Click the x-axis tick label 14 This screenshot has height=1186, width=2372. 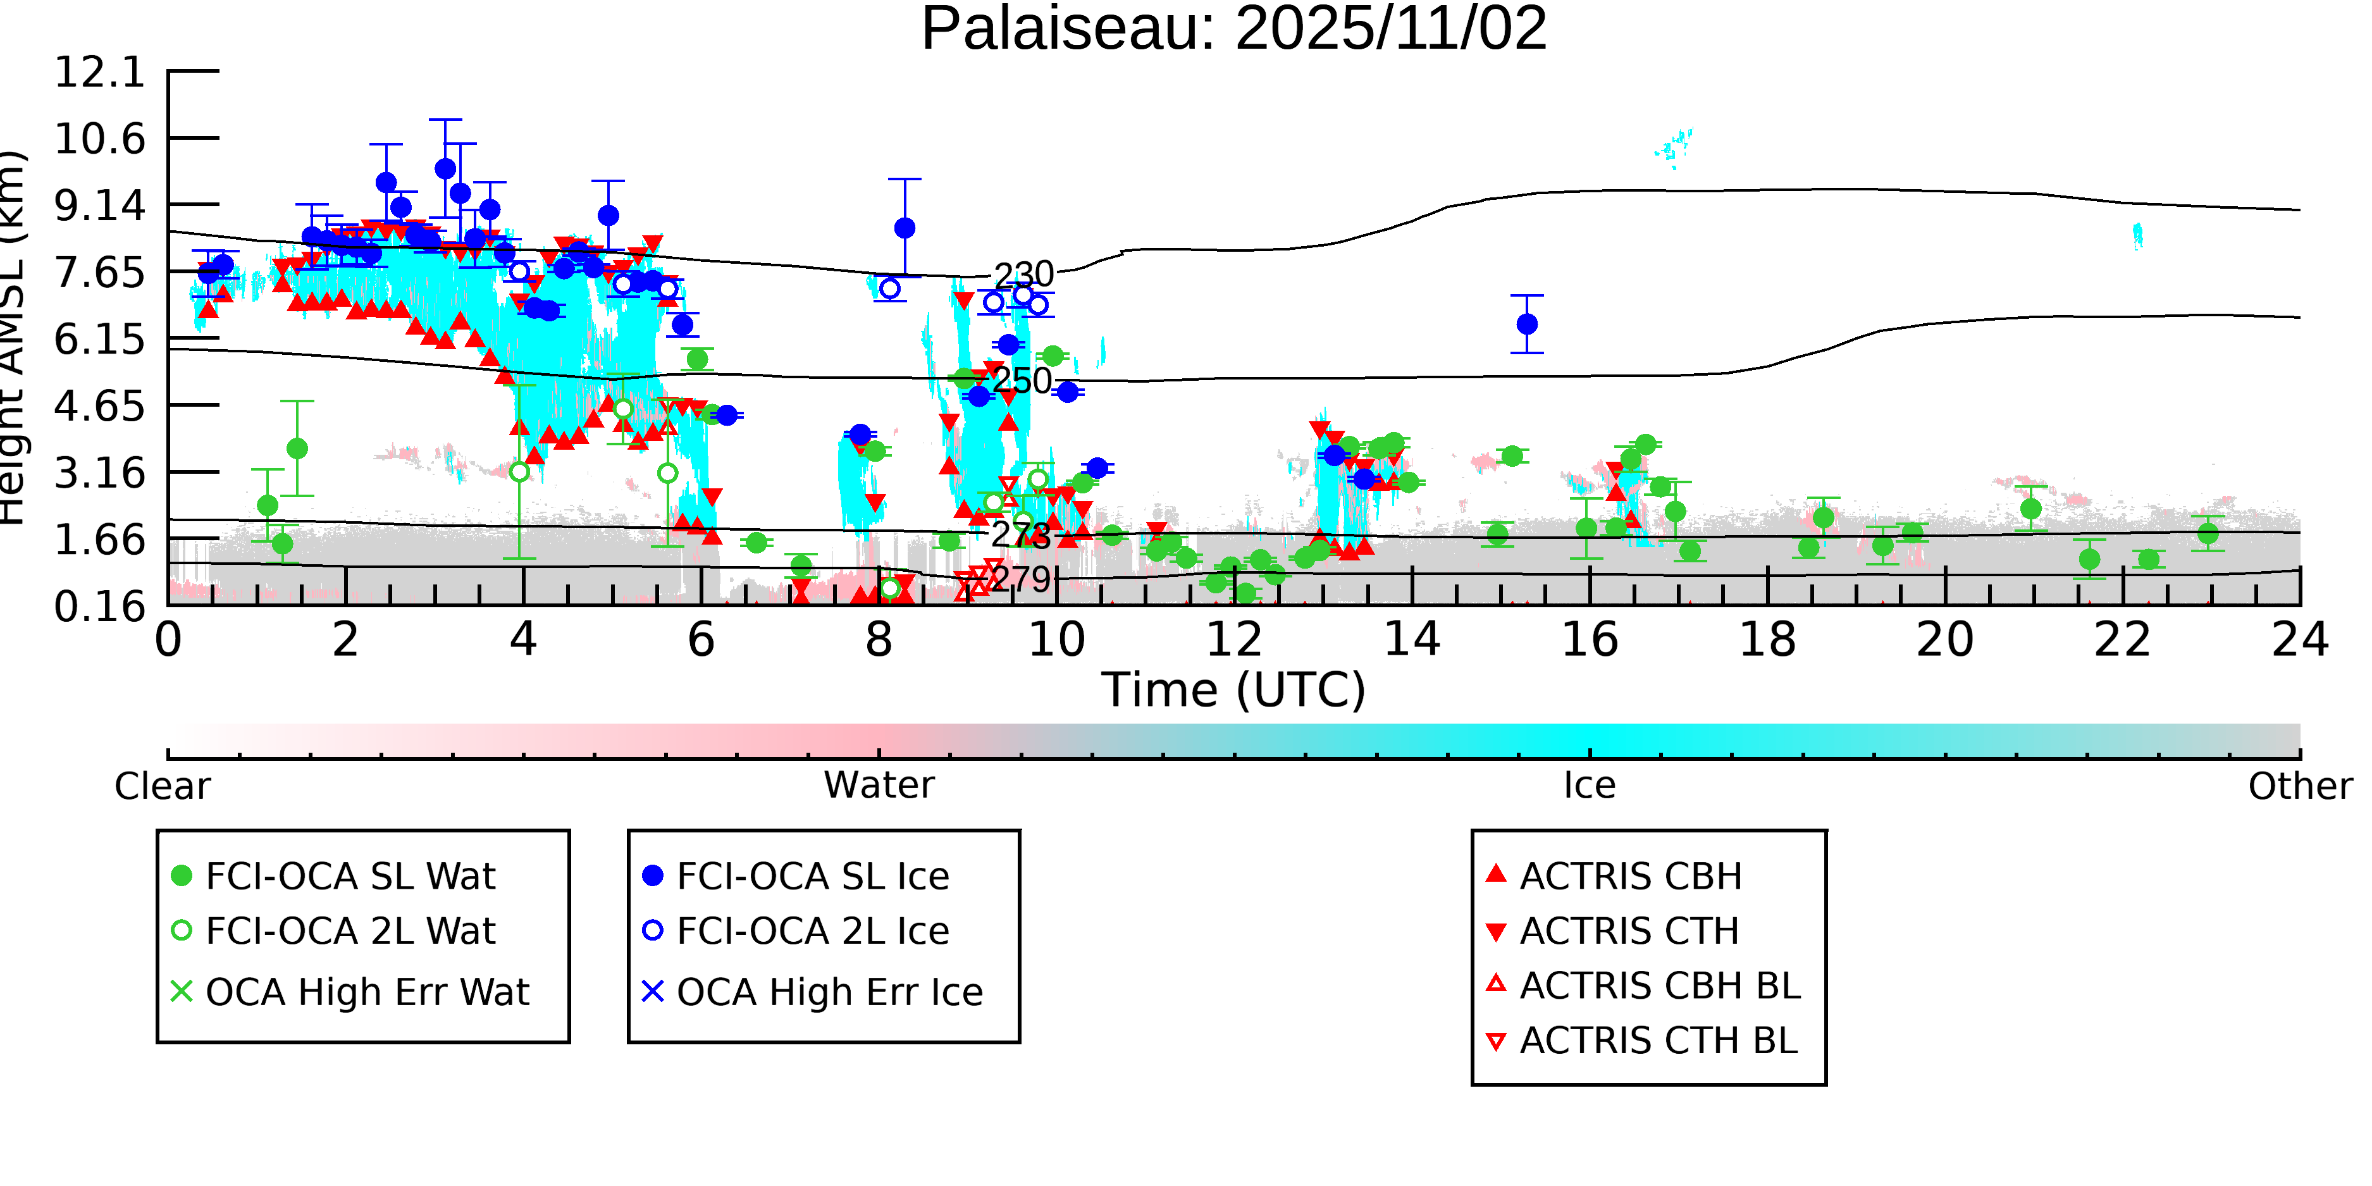click(1412, 640)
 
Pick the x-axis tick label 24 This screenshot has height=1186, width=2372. click(2299, 640)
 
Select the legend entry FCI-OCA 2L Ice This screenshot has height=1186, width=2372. click(812, 931)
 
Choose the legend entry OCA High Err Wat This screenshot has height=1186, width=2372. click(366, 992)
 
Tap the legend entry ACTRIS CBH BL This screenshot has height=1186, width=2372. click(1659, 986)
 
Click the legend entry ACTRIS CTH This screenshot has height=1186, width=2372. click(1629, 931)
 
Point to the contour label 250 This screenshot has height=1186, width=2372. click(1021, 380)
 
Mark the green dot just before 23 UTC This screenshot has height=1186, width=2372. click(2207, 533)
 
